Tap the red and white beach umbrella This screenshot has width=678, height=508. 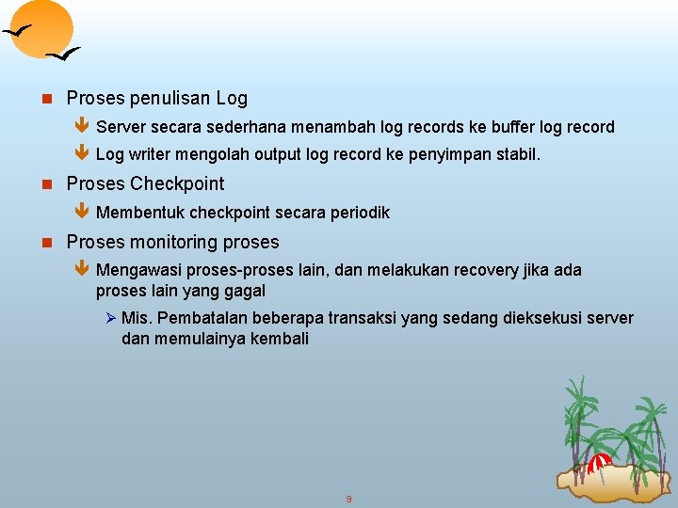click(x=599, y=462)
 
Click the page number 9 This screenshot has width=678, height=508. click(x=348, y=499)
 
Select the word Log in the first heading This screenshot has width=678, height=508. click(x=232, y=98)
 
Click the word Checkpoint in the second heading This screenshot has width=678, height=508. click(x=177, y=183)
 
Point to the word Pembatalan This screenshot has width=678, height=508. click(x=196, y=319)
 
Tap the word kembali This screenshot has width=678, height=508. click(x=280, y=339)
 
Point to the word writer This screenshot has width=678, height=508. click(x=154, y=154)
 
